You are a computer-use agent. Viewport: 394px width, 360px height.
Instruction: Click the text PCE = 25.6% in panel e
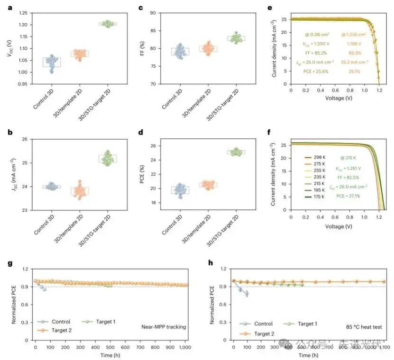[x=318, y=71]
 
